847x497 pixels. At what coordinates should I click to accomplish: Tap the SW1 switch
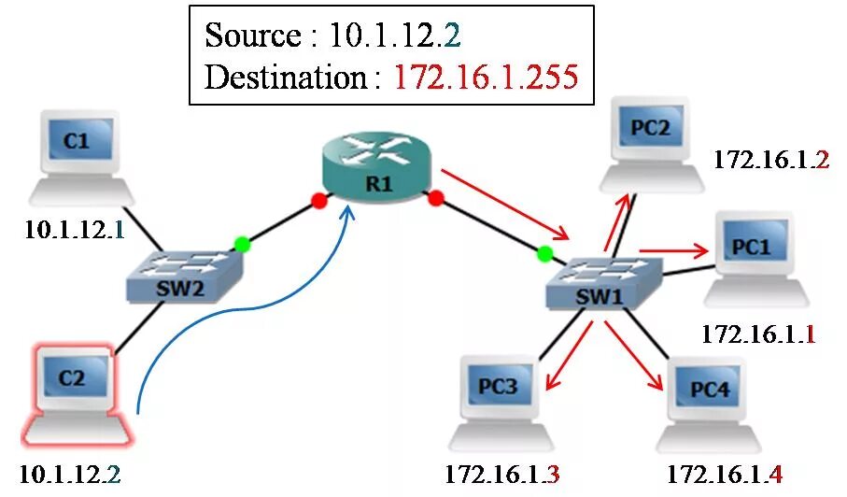605,285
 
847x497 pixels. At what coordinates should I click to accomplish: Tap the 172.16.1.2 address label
770,160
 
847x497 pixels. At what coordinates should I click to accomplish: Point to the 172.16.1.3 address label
502,476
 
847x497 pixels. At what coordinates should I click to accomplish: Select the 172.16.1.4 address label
724,476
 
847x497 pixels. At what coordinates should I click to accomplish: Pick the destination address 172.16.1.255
486,77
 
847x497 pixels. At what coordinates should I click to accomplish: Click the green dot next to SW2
242,245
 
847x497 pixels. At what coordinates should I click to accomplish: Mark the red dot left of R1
319,200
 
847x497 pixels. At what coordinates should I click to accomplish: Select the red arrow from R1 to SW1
504,204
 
